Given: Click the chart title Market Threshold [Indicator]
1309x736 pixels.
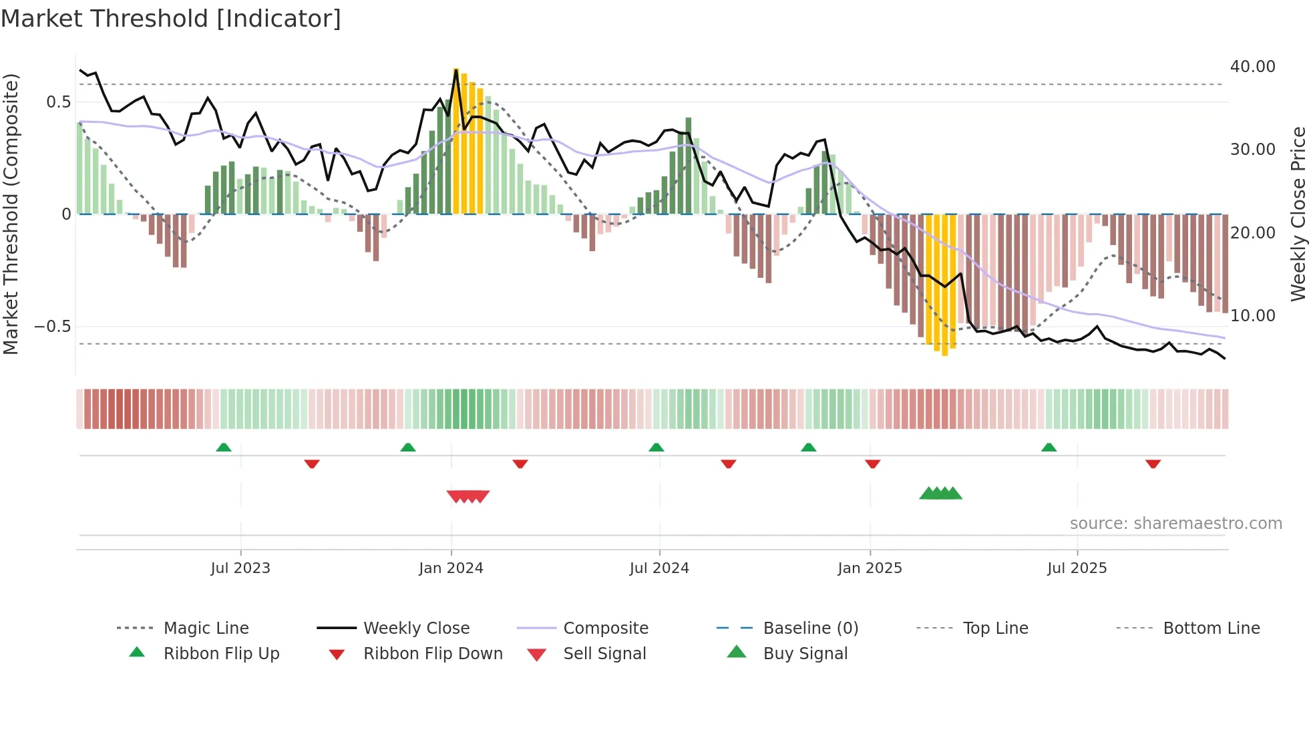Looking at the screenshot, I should pyautogui.click(x=171, y=19).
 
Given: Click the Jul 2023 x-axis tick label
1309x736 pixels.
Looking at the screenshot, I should pyautogui.click(x=240, y=568).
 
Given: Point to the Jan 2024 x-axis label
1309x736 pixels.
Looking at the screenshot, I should pyautogui.click(x=451, y=568).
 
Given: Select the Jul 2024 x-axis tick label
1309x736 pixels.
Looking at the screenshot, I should pyautogui.click(x=659, y=568).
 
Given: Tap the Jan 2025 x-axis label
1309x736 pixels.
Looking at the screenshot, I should pyautogui.click(x=870, y=568).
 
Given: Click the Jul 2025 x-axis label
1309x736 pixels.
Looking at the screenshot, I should pyautogui.click(x=1077, y=568).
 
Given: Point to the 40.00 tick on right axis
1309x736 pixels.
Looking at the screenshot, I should pyautogui.click(x=1252, y=67).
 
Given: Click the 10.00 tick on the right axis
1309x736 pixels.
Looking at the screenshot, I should pyautogui.click(x=1252, y=316).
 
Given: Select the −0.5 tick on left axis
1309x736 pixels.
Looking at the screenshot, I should pyautogui.click(x=53, y=327).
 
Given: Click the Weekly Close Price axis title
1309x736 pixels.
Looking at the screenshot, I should pyautogui.click(x=1298, y=214).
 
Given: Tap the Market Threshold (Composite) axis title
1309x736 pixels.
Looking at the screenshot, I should pyautogui.click(x=11, y=214).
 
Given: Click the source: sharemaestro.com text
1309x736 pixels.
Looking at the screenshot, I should pyautogui.click(x=1175, y=524).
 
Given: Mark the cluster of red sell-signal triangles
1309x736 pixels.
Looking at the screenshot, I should pyautogui.click(x=468, y=496).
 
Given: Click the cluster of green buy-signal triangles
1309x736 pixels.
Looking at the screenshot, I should pyautogui.click(x=940, y=494).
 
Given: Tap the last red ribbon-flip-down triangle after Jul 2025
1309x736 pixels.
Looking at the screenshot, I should pyautogui.click(x=1153, y=464).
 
